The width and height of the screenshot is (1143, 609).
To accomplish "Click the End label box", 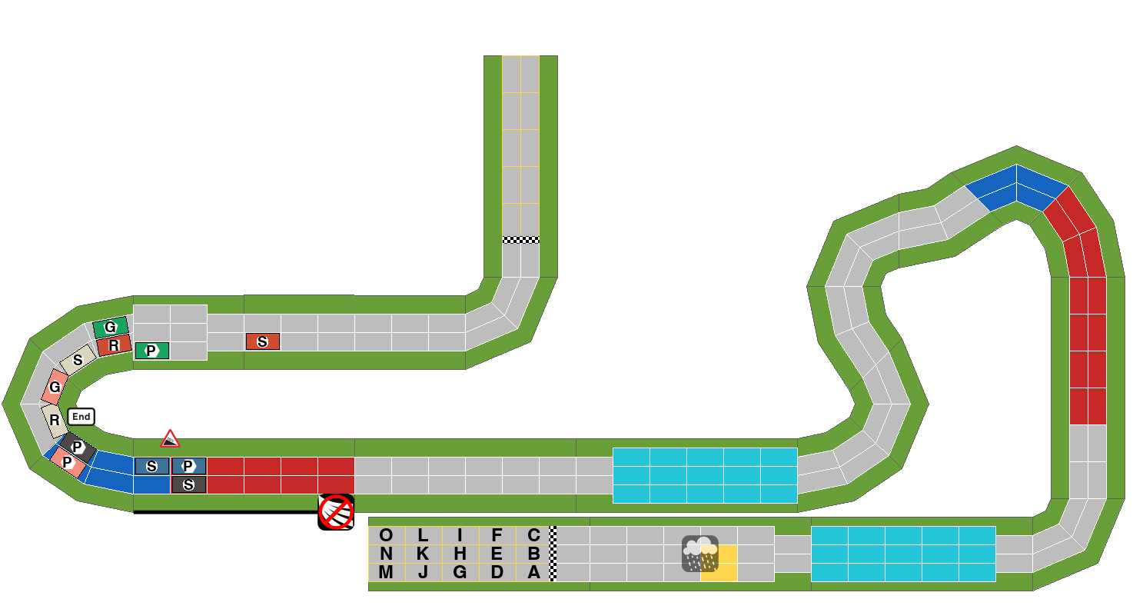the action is (81, 417).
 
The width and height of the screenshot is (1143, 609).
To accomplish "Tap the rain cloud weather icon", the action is (700, 554).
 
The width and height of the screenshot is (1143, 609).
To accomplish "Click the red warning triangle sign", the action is (170, 439).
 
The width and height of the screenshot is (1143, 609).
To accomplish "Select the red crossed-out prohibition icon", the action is (336, 512).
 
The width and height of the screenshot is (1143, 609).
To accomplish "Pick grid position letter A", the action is (533, 572).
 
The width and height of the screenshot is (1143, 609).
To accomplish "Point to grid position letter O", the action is (387, 535).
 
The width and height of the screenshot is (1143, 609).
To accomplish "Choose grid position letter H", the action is (460, 554).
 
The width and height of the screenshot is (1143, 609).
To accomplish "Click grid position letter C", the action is (533, 535).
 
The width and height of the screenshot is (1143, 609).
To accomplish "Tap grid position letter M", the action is (387, 572).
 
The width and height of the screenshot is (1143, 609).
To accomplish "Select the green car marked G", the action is (110, 328).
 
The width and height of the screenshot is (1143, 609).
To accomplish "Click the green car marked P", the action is (152, 351).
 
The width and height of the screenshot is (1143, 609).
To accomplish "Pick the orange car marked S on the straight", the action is (263, 341).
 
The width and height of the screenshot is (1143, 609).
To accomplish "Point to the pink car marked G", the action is (55, 387).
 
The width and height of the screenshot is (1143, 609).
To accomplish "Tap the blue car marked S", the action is (152, 466).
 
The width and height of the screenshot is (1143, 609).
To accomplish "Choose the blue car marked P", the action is (189, 466).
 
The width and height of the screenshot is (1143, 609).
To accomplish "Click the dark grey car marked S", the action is (189, 484).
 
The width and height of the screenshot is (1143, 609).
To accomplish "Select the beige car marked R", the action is (55, 421).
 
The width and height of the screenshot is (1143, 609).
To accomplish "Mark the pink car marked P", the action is (68, 462).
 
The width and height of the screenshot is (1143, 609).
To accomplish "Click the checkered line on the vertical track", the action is (521, 240).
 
